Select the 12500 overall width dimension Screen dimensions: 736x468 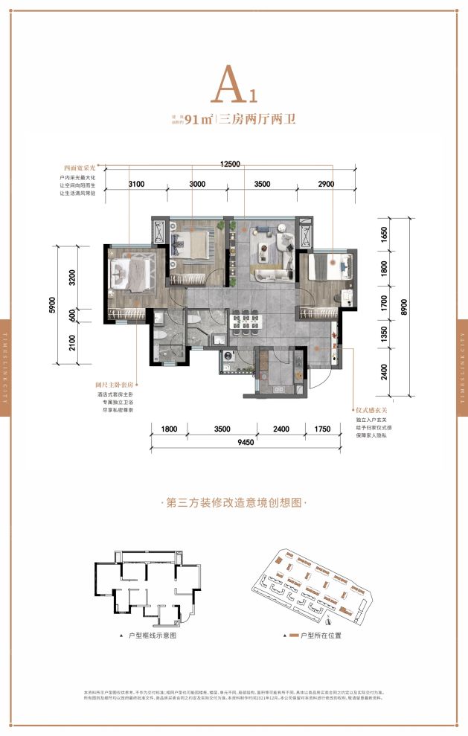pyautogui.click(x=234, y=164)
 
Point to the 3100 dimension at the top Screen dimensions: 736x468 pyautogui.click(x=135, y=183)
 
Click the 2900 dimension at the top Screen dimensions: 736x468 pyautogui.click(x=325, y=183)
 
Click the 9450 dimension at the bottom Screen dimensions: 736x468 pyautogui.click(x=234, y=444)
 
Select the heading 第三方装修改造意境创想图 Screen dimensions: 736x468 pyautogui.click(x=234, y=502)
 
